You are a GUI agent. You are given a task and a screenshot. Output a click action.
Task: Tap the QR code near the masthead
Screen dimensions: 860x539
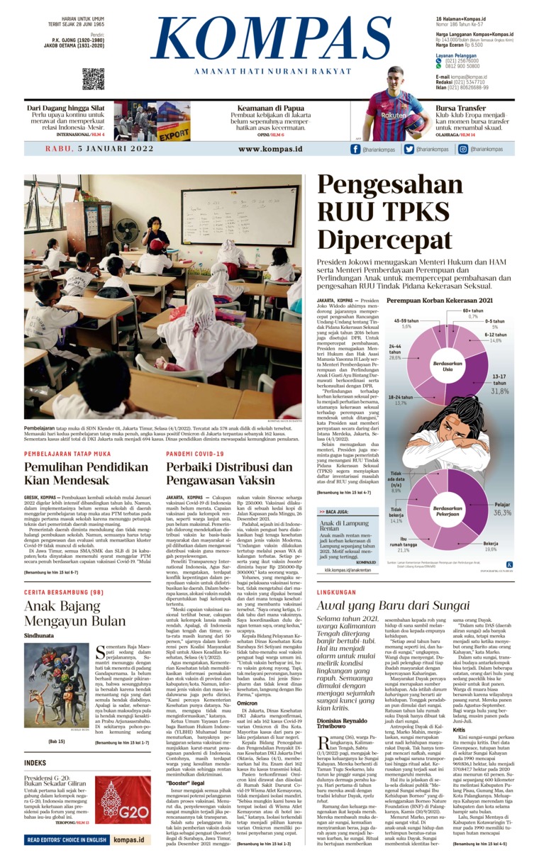[93, 79]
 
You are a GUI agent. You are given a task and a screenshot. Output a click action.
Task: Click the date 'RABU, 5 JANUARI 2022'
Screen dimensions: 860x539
[99, 149]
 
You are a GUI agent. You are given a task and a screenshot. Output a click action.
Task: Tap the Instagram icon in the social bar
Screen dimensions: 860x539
[462, 150]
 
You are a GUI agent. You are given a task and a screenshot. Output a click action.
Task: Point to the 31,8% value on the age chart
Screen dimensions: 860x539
[500, 390]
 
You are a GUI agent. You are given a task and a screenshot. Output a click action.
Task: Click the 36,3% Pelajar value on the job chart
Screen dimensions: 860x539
[502, 512]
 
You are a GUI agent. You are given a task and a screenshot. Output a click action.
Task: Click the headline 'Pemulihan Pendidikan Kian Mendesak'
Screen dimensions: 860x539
[86, 473]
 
